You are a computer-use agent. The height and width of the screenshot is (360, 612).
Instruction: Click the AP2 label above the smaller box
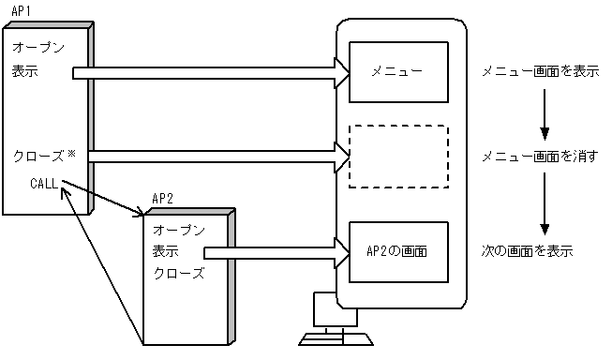(163, 199)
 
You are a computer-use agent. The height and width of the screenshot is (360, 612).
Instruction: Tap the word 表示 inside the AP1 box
(25, 72)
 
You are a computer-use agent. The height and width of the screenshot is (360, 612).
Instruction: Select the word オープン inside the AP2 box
(178, 230)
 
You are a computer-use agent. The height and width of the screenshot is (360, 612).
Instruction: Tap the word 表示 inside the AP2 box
(165, 252)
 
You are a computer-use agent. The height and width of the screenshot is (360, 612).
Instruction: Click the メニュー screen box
(396, 72)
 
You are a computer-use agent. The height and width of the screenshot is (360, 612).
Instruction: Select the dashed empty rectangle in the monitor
(396, 156)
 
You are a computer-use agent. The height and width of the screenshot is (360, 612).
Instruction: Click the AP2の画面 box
(396, 252)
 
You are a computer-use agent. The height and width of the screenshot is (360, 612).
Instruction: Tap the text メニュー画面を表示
(540, 72)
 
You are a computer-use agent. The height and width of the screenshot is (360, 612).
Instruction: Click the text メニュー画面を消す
(540, 156)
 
